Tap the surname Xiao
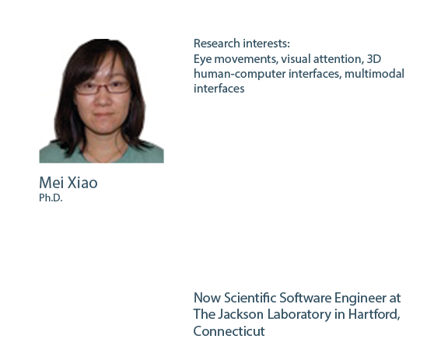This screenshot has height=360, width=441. [82, 183]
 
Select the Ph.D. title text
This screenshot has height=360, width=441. [51, 197]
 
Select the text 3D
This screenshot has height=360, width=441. [374, 59]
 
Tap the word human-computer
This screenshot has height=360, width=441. [240, 74]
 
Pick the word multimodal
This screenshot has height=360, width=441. [374, 74]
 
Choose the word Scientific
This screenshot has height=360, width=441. [250, 298]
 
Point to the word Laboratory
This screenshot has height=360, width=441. [299, 315]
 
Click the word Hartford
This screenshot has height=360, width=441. [374, 315]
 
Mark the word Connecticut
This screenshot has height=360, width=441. [229, 331]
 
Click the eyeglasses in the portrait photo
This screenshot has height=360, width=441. [103, 87]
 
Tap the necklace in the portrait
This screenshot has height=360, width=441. [105, 156]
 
